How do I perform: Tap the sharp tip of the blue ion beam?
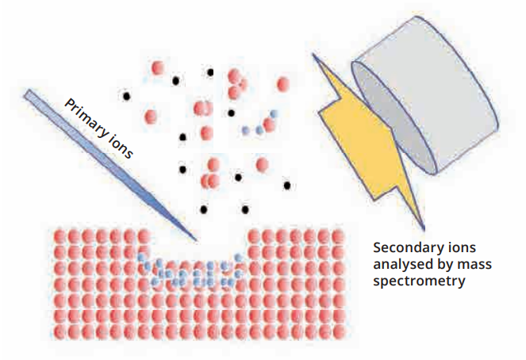(196, 239)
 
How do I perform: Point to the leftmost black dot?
(125, 96)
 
